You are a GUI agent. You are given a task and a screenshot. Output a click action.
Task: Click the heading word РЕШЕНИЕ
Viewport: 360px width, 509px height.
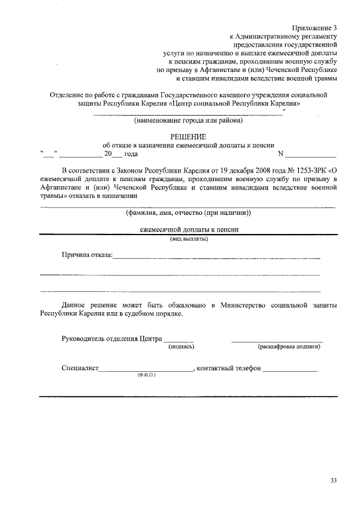coord(188,137)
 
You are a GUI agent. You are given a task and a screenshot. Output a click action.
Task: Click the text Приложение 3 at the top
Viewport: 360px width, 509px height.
coord(314,28)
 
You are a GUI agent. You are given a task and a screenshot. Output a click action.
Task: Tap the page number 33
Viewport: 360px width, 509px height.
coord(334,480)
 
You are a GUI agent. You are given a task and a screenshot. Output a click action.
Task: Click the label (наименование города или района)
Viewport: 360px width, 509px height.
coord(188,120)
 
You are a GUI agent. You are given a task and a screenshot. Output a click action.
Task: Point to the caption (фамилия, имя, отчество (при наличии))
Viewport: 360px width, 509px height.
coord(188,213)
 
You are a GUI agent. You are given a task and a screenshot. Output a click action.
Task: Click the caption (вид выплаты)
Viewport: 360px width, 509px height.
coord(189,239)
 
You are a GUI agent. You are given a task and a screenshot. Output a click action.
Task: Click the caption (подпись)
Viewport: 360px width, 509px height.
coord(181,347)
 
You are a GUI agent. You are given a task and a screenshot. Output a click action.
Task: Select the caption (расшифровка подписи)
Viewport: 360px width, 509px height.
coord(289,347)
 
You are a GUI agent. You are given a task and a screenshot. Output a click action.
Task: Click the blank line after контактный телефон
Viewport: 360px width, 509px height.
coord(290,370)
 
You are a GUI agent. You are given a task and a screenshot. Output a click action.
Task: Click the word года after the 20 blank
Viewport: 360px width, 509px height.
coord(131,154)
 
